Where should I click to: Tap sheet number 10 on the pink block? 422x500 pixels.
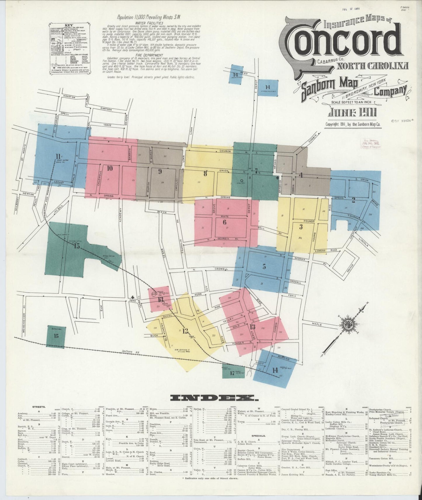click(110, 168)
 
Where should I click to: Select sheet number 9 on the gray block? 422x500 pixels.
click(160, 172)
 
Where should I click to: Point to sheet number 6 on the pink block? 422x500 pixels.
click(224, 222)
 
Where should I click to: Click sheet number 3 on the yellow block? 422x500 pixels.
click(301, 227)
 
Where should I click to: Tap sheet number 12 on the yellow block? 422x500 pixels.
click(185, 331)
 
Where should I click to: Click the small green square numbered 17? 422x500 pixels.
click(232, 373)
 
